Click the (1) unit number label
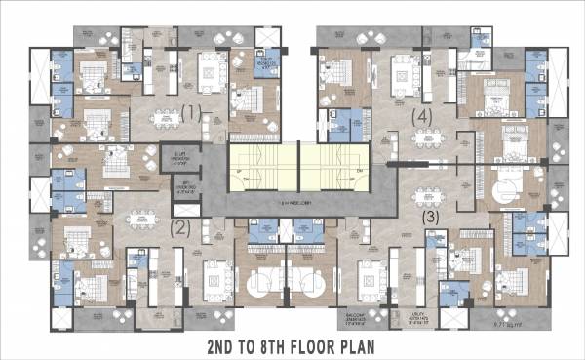(x=191, y=112)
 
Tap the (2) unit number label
(x=179, y=227)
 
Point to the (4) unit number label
(x=421, y=116)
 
